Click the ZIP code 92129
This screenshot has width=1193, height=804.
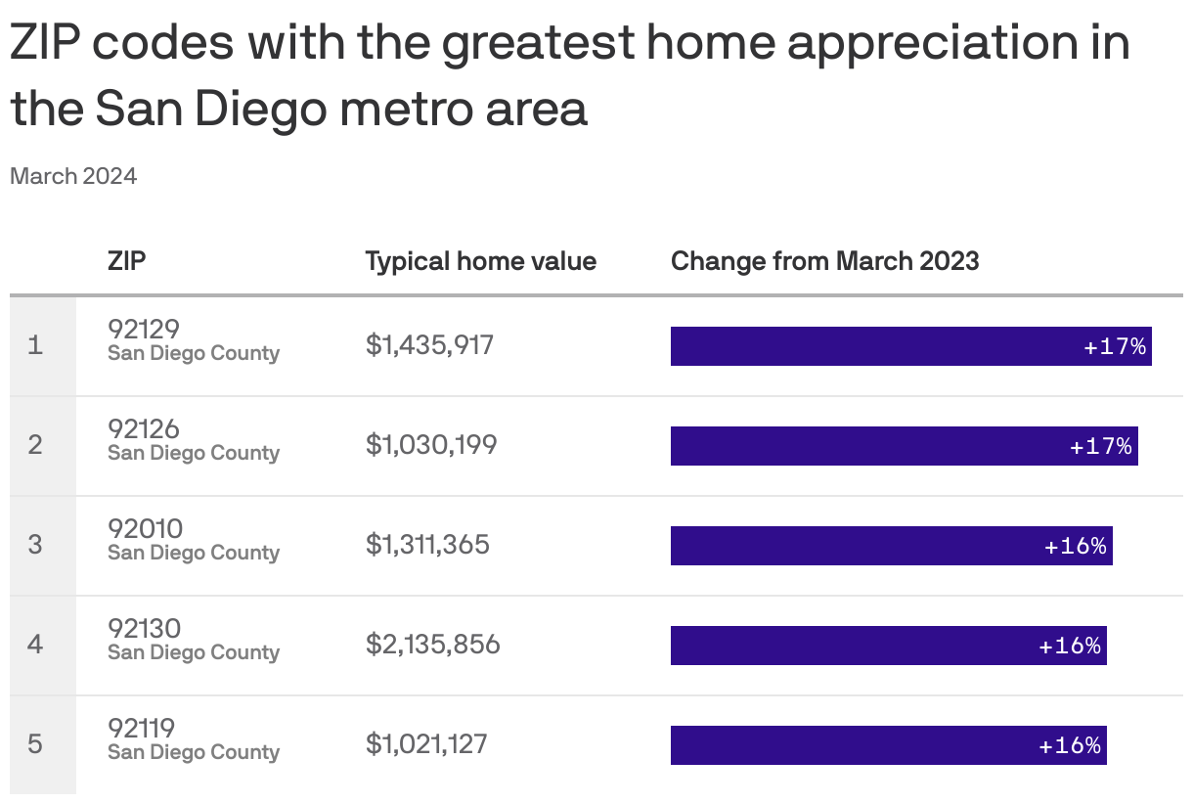click(144, 329)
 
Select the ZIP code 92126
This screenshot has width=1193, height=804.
click(144, 428)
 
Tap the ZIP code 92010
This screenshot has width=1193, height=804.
click(145, 528)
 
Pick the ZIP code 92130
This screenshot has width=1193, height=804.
click(145, 628)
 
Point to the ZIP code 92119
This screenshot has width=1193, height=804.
click(142, 728)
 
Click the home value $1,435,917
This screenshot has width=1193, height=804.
click(429, 345)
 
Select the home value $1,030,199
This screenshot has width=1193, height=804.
click(431, 445)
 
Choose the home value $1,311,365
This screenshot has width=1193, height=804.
click(427, 545)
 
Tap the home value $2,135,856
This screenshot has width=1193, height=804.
click(432, 645)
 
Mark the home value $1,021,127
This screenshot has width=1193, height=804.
click(426, 744)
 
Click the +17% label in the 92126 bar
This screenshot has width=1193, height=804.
click(1100, 446)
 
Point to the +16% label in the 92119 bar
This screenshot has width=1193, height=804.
click(1070, 745)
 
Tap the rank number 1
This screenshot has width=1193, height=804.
click(35, 345)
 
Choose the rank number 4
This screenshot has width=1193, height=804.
click(35, 645)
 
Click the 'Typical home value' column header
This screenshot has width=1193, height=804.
click(480, 261)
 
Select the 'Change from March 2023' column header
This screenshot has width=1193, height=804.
click(824, 261)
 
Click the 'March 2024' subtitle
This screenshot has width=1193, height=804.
click(73, 176)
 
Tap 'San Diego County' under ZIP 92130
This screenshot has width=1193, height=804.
click(194, 652)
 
